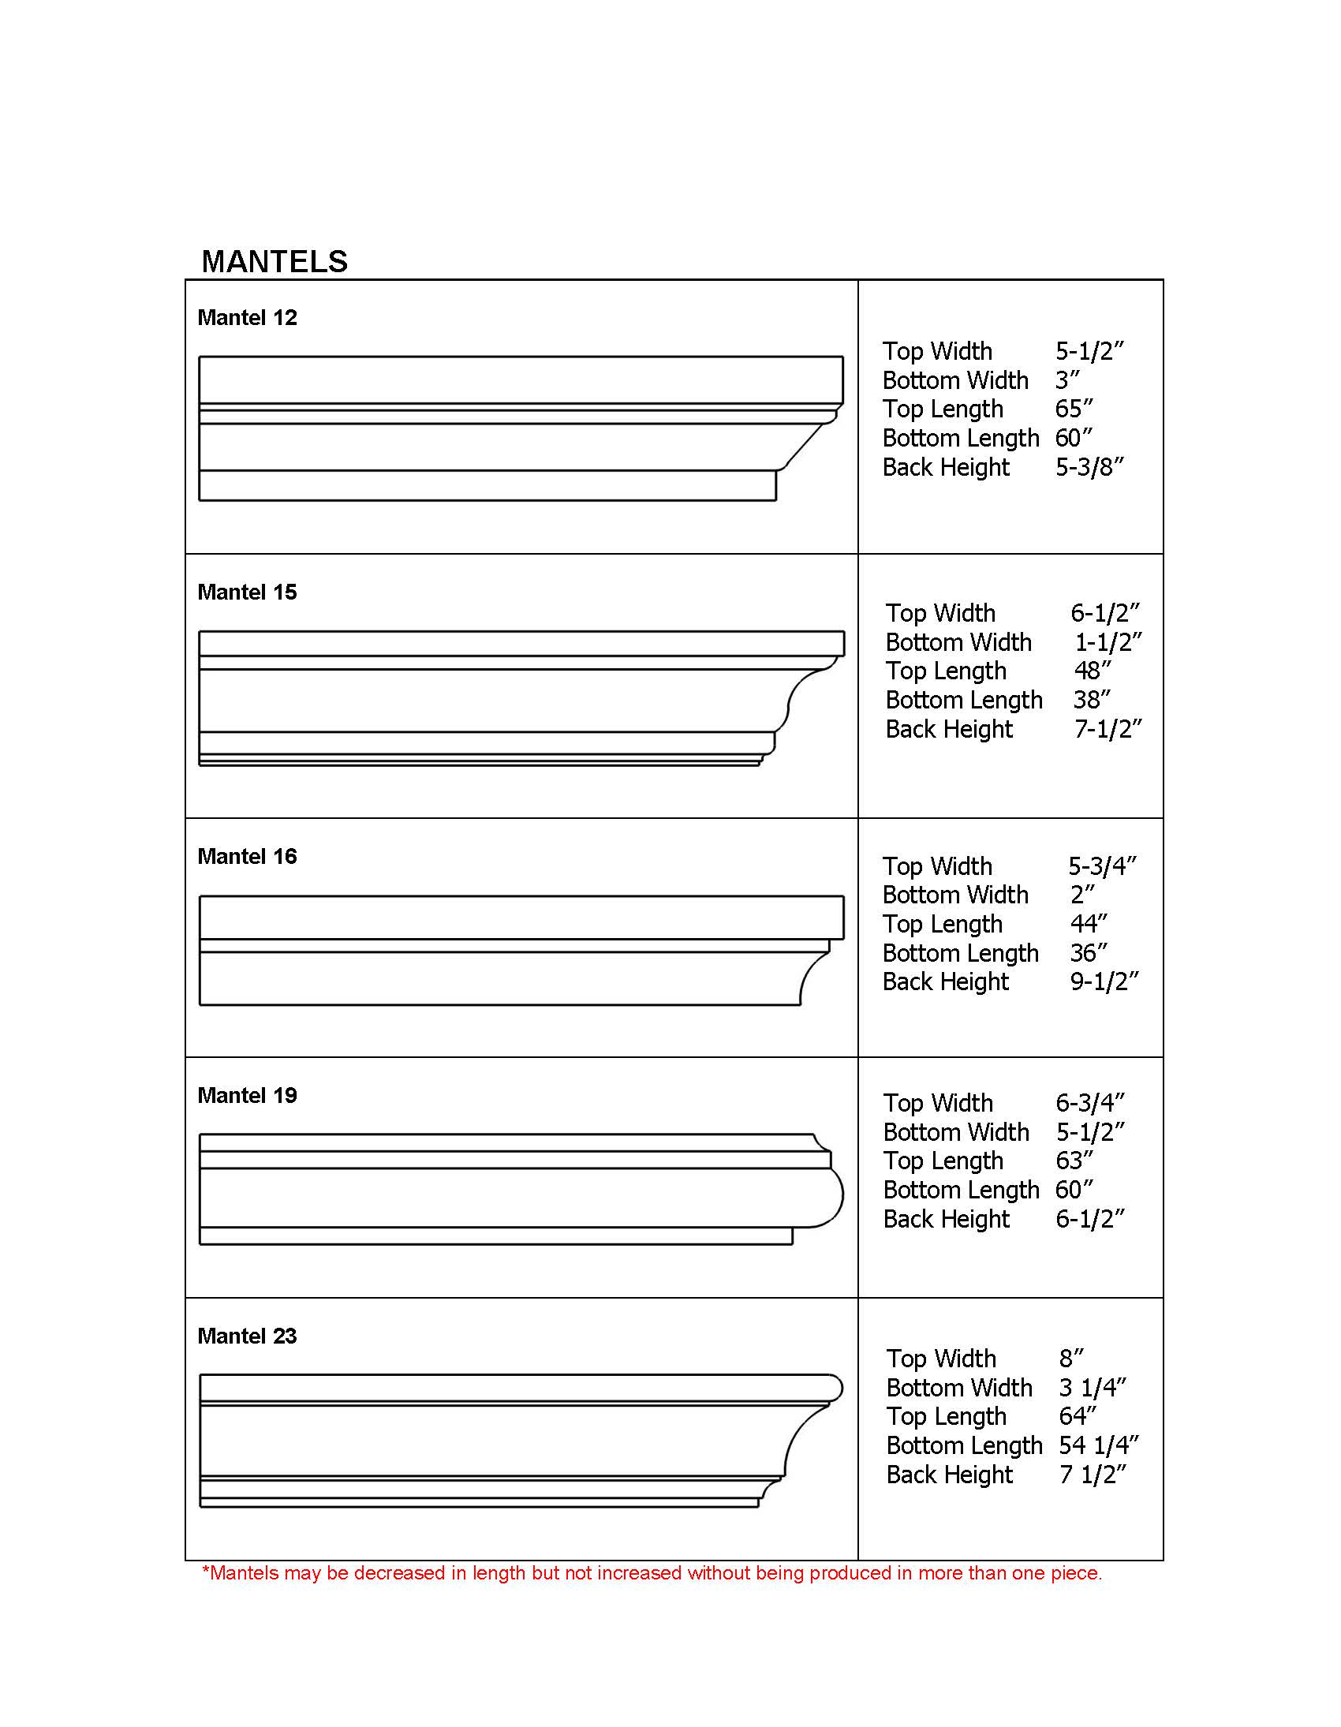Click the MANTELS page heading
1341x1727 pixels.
click(x=275, y=262)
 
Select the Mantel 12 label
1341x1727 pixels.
click(x=247, y=318)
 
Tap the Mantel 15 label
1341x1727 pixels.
click(x=247, y=592)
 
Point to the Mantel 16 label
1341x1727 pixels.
click(x=247, y=856)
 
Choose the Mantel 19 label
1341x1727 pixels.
click(x=247, y=1095)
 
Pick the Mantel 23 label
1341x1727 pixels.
click(x=247, y=1336)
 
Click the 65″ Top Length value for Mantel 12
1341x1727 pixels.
click(x=1074, y=409)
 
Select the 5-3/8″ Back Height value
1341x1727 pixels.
click(x=1089, y=467)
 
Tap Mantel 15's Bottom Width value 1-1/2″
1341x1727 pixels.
click(x=1108, y=642)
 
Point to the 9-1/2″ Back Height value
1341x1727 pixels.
click(x=1104, y=981)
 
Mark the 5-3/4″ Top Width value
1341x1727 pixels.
click(x=1102, y=866)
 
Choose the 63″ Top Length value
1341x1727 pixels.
click(x=1074, y=1161)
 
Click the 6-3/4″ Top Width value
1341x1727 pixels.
click(x=1089, y=1103)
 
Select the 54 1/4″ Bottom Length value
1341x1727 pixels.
click(x=1098, y=1445)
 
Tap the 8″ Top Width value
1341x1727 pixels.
click(x=1071, y=1359)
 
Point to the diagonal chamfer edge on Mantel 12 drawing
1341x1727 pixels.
click(x=805, y=445)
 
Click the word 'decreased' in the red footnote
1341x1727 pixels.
click(x=399, y=1573)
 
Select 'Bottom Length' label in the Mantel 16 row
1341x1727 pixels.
click(x=961, y=953)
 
